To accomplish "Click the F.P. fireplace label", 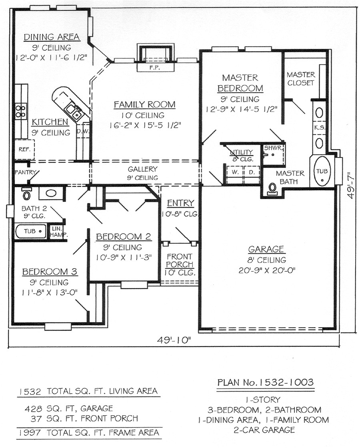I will click(x=156, y=68).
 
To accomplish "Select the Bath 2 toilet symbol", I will click(x=26, y=195).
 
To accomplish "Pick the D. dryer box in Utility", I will click(x=252, y=172).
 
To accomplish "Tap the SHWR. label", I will click(x=273, y=148).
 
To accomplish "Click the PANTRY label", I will click(x=26, y=172).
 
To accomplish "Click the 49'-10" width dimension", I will click(x=174, y=340).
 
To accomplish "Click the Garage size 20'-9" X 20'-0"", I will click(x=266, y=269).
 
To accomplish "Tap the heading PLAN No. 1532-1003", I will click(x=265, y=382).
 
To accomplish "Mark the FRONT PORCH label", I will click(x=180, y=261).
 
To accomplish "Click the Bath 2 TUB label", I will click(x=30, y=231).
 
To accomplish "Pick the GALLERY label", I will click(x=142, y=169).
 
